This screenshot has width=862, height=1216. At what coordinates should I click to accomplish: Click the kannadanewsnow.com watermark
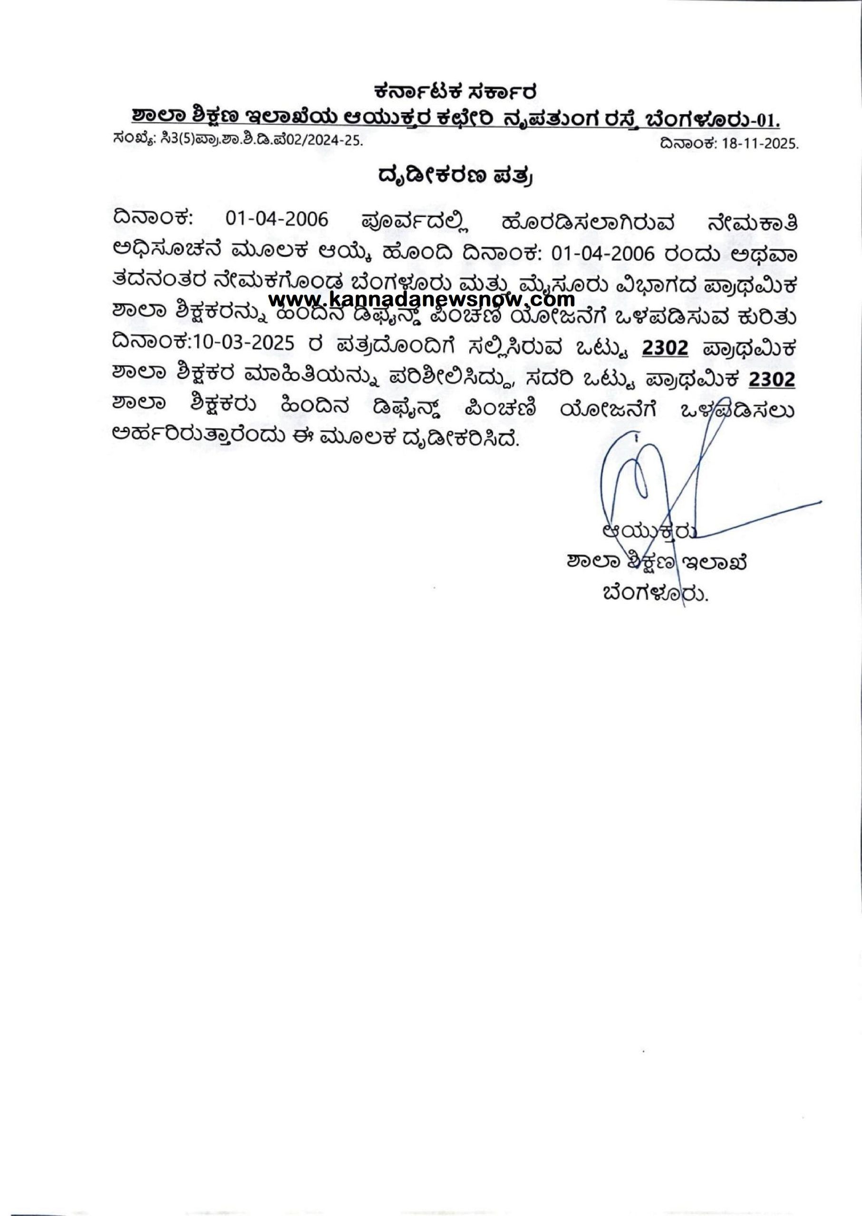pos(422,301)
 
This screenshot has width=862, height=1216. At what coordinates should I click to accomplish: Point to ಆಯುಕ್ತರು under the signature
pos(647,531)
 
